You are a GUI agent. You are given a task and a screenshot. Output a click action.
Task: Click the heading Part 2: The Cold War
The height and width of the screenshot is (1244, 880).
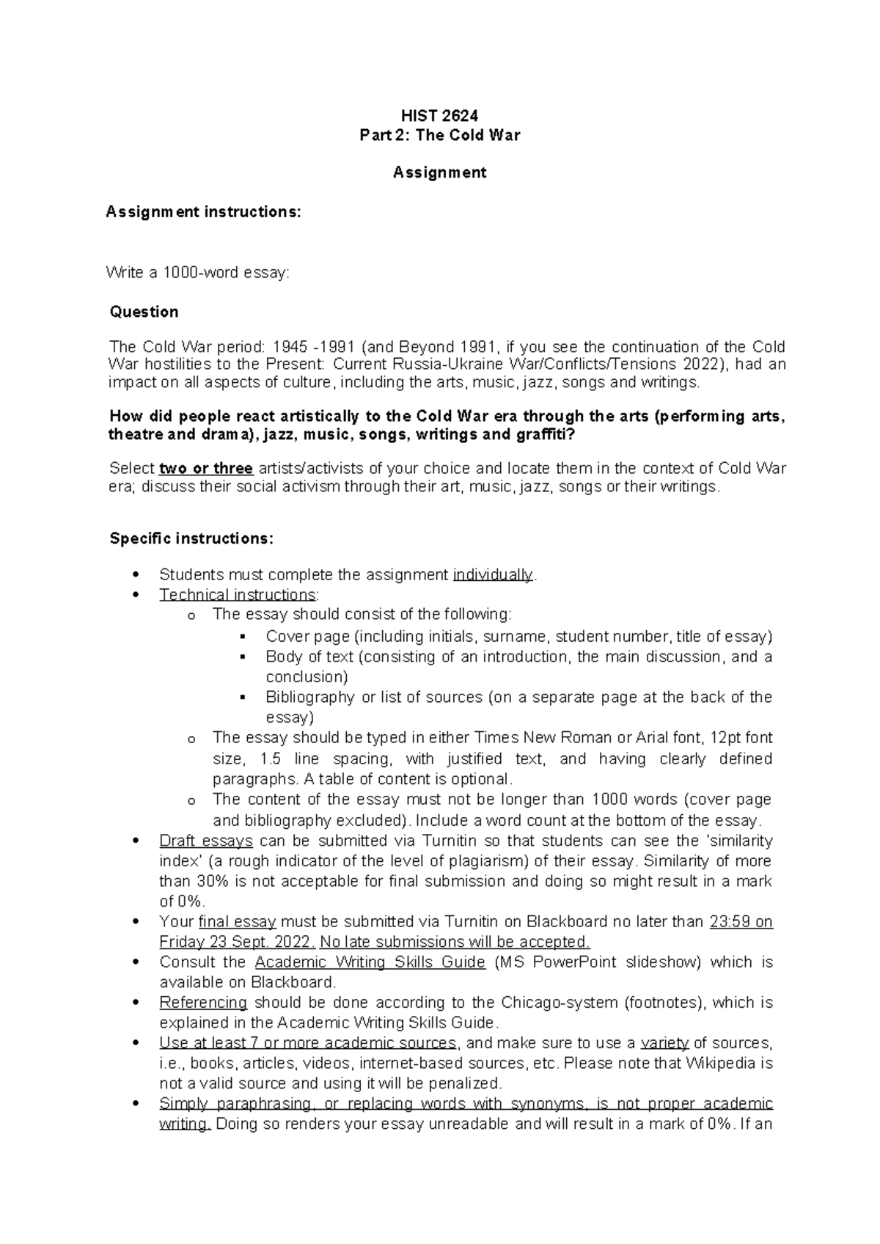pyautogui.click(x=439, y=135)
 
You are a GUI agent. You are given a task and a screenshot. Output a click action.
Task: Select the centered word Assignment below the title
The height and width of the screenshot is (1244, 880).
pyautogui.click(x=439, y=172)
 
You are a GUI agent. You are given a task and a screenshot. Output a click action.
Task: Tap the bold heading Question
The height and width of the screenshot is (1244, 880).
pyautogui.click(x=144, y=312)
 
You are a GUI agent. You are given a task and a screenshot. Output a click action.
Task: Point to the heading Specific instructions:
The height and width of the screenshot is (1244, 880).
pyautogui.click(x=191, y=538)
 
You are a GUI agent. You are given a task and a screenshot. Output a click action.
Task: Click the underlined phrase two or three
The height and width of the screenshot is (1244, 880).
pyautogui.click(x=206, y=469)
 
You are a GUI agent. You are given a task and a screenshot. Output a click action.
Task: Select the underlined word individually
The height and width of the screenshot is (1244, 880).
pyautogui.click(x=494, y=574)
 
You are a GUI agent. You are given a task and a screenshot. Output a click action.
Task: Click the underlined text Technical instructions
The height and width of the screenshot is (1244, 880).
pyautogui.click(x=238, y=594)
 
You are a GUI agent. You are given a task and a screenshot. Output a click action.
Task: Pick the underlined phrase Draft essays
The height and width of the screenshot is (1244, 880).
pyautogui.click(x=206, y=841)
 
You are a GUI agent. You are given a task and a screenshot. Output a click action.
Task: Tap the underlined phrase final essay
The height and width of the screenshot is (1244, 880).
pyautogui.click(x=237, y=921)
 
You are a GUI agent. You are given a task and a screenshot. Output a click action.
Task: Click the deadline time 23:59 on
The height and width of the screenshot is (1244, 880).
pyautogui.click(x=741, y=921)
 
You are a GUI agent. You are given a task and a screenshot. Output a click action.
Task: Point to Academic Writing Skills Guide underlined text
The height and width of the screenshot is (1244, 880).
pyautogui.click(x=370, y=962)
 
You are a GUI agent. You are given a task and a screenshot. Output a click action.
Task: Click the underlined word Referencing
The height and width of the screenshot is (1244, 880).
pyautogui.click(x=203, y=1002)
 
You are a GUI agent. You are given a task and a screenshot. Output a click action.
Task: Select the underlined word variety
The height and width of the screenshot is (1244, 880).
pyautogui.click(x=664, y=1042)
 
